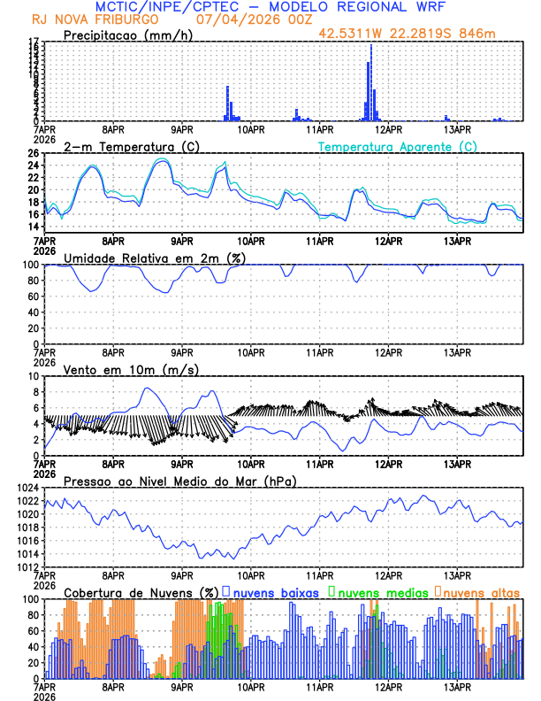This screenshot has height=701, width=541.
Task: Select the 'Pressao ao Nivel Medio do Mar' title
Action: click(180, 481)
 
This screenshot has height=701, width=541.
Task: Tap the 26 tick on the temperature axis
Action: click(34, 153)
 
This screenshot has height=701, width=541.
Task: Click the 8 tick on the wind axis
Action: click(36, 392)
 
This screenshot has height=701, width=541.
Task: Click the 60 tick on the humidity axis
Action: click(34, 297)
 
